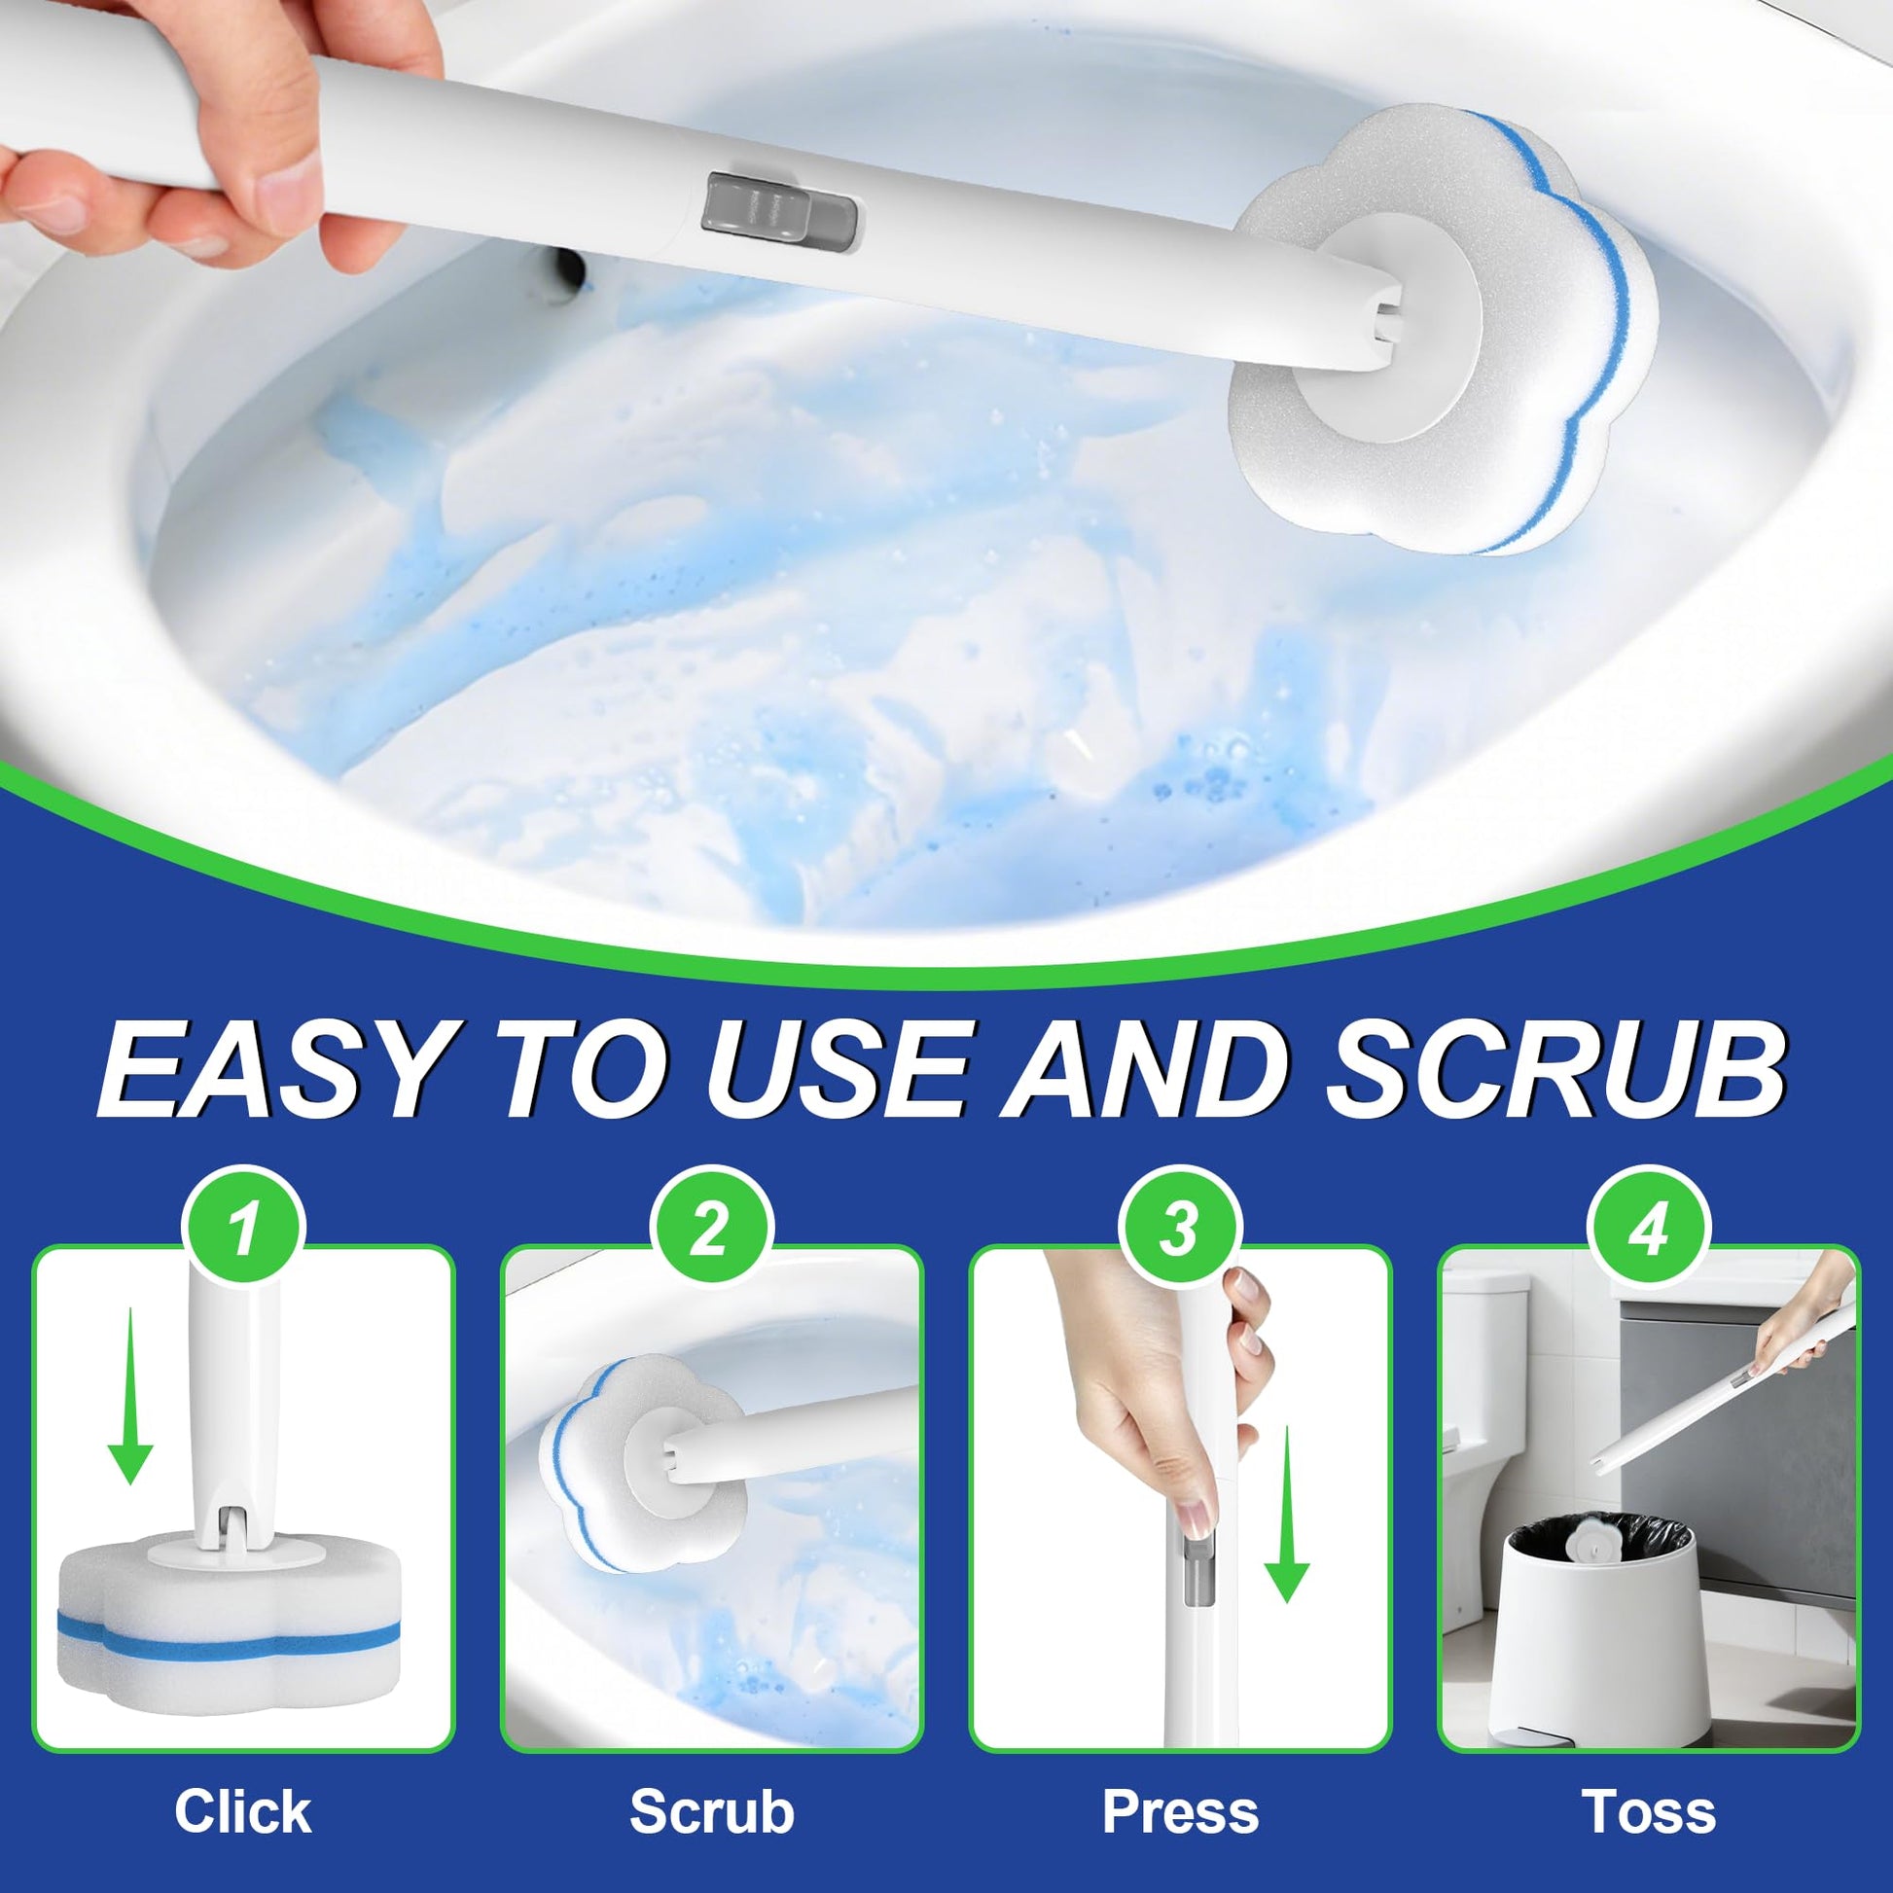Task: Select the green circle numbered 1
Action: (244, 1230)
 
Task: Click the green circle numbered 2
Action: (712, 1230)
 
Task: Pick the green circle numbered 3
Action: (1180, 1230)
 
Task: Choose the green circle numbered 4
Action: (1649, 1230)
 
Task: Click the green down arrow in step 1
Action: (130, 1398)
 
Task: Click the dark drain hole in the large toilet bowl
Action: (566, 268)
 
